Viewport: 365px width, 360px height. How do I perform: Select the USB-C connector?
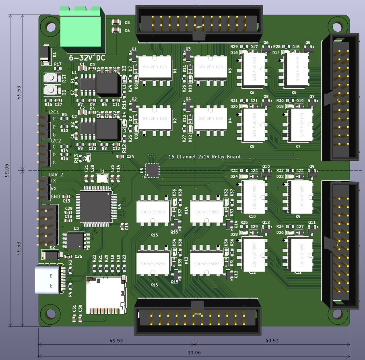point(49,279)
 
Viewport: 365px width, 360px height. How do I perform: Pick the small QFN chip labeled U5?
point(152,170)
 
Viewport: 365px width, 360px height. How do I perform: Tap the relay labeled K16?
point(153,212)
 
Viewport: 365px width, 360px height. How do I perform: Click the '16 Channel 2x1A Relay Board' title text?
point(204,157)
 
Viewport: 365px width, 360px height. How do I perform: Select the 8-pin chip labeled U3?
point(75,241)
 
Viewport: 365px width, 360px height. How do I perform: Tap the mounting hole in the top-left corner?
point(51,27)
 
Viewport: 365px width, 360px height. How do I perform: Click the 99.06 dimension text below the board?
point(194,352)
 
